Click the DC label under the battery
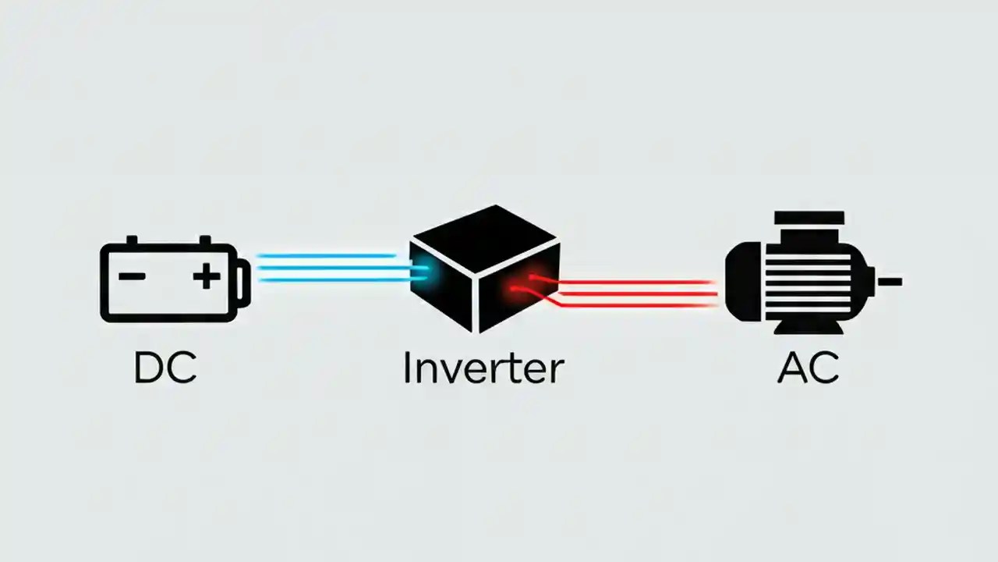[165, 368]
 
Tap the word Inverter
[483, 368]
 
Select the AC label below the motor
[808, 368]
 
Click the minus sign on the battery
[132, 276]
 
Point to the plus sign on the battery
[207, 276]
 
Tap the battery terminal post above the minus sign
[132, 240]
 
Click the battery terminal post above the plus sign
[205, 240]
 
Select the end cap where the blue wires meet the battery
[244, 280]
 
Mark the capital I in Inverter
[407, 368]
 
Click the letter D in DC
[149, 368]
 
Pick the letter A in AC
[791, 368]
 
